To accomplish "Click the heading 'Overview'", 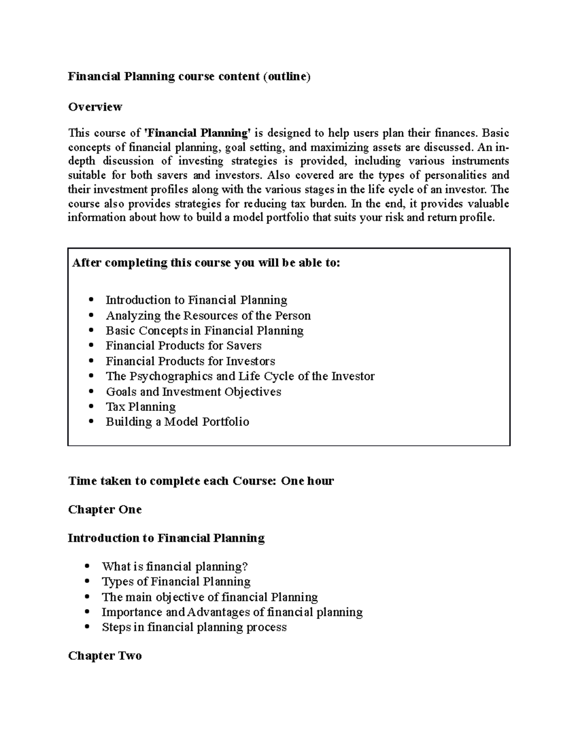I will tap(95, 106).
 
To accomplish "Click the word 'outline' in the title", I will tap(287, 77).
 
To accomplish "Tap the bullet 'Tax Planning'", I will tap(141, 407).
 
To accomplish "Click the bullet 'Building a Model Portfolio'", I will tap(177, 422).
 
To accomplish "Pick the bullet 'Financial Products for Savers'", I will tap(184, 346).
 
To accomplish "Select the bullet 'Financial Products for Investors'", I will tap(190, 361).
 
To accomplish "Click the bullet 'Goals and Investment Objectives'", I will tap(193, 392).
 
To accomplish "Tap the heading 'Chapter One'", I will tap(105, 510).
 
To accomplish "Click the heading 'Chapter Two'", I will tap(105, 656).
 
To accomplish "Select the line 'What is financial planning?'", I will tap(174, 566).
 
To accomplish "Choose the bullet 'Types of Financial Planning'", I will tap(176, 582).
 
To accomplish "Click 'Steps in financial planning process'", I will tap(194, 627).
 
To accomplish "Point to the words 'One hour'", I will tap(307, 481).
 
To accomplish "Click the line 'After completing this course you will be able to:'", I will tap(206, 263).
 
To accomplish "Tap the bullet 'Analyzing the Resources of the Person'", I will tap(208, 315).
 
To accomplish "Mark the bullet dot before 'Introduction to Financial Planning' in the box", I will tap(91, 300).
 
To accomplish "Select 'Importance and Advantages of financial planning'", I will tap(232, 612).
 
